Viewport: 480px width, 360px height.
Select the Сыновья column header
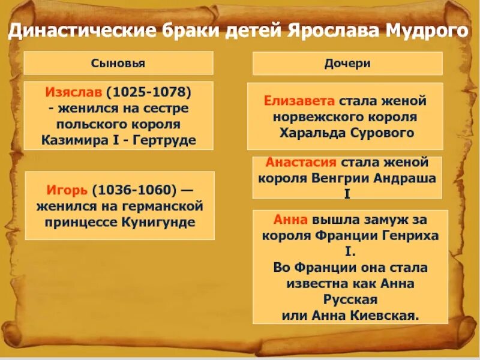click(x=118, y=63)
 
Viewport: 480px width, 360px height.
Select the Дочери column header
click(x=347, y=63)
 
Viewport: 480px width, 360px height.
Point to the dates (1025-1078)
click(x=149, y=94)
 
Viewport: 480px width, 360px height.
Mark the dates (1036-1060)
click(x=135, y=190)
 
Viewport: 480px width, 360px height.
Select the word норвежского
click(x=308, y=116)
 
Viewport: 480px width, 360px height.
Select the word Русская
click(x=348, y=298)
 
